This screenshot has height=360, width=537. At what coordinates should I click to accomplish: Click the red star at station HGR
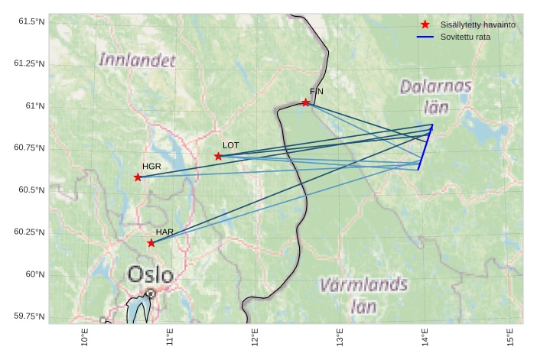pos(138,177)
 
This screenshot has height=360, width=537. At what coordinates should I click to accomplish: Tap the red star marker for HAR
pos(151,243)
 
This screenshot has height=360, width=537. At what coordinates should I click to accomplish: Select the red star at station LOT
pos(219,156)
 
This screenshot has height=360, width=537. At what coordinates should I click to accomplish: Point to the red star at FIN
pos(306,102)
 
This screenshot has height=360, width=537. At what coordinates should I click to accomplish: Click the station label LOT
pos(231,144)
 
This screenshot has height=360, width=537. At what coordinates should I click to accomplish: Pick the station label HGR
pos(151,166)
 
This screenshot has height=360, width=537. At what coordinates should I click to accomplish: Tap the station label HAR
pos(164,232)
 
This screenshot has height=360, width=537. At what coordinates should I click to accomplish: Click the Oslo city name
pos(150,274)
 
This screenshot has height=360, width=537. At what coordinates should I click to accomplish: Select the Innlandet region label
pos(138,60)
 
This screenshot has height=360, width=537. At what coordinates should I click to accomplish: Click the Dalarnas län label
pos(436,96)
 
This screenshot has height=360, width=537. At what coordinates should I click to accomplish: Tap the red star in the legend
pos(425,24)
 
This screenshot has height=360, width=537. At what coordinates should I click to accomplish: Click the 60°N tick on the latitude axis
pos(35,274)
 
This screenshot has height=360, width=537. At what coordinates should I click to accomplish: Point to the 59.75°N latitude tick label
pos(31,316)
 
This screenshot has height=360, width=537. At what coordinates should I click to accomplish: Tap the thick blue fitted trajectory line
pos(425,148)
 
